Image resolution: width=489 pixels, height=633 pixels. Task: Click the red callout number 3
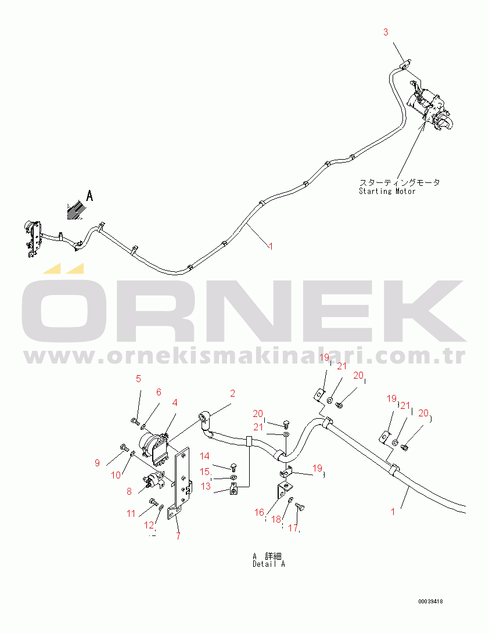(x=386, y=33)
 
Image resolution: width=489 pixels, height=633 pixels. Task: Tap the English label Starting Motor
(x=387, y=191)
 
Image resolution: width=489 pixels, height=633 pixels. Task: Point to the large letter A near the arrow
(x=89, y=196)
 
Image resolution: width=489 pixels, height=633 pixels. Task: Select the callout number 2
(x=232, y=394)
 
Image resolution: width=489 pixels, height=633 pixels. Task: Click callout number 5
(x=138, y=379)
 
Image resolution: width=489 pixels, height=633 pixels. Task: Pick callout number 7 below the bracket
(x=178, y=536)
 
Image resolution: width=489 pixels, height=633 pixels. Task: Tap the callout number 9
(x=97, y=463)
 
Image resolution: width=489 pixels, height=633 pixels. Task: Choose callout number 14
(x=205, y=456)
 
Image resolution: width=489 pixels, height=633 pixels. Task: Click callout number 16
(x=259, y=512)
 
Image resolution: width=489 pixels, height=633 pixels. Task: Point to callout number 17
(x=293, y=528)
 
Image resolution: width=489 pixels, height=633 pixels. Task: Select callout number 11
(x=131, y=513)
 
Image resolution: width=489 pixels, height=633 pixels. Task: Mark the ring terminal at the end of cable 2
(x=204, y=417)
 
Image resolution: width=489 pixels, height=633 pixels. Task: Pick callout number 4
(x=174, y=402)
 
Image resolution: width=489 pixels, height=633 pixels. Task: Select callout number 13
(x=206, y=487)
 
